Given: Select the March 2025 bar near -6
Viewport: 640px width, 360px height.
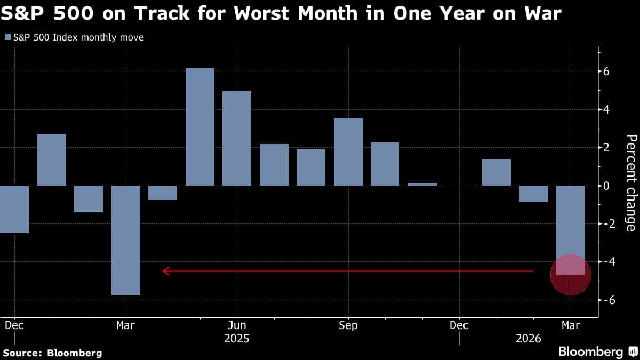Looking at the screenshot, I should pyautogui.click(x=126, y=240).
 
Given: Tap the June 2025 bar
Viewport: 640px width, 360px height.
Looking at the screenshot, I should pyautogui.click(x=237, y=139).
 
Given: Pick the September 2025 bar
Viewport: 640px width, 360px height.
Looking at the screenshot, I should pyautogui.click(x=348, y=152).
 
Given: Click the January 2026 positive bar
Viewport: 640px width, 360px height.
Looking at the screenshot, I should pyautogui.click(x=497, y=172).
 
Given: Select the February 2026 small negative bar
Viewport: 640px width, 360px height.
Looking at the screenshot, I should pyautogui.click(x=533, y=194).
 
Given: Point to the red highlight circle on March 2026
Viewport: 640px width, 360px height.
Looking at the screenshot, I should pyautogui.click(x=571, y=275).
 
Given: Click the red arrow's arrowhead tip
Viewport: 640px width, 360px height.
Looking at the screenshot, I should pyautogui.click(x=163, y=271).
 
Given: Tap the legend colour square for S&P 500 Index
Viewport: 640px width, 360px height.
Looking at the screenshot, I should pyautogui.click(x=7, y=37).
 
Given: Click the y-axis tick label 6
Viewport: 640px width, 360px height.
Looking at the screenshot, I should pyautogui.click(x=606, y=71).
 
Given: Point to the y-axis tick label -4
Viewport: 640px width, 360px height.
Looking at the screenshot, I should pyautogui.click(x=604, y=262).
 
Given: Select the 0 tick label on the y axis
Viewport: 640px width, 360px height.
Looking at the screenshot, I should pyautogui.click(x=606, y=186).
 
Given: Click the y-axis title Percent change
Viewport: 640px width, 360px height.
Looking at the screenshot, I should pyautogui.click(x=630, y=183).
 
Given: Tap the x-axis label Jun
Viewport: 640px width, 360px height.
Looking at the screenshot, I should pyautogui.click(x=237, y=325).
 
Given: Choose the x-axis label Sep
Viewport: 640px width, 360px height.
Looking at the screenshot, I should pyautogui.click(x=348, y=325).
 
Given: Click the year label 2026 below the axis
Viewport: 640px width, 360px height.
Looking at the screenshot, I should pyautogui.click(x=528, y=339).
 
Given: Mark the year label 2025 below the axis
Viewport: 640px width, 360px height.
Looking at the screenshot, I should pyautogui.click(x=237, y=339).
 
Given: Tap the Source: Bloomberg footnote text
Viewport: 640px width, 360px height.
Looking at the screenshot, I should pyautogui.click(x=52, y=353).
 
